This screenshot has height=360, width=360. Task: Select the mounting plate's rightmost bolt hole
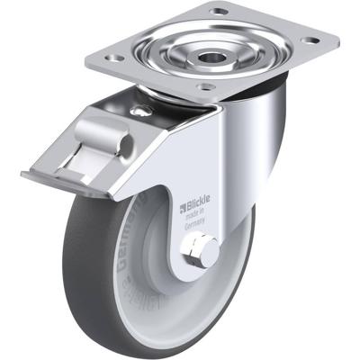[x=310, y=41]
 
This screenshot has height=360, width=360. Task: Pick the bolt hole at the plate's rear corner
[x=219, y=13]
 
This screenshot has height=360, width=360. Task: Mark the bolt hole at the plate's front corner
[x=208, y=87]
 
